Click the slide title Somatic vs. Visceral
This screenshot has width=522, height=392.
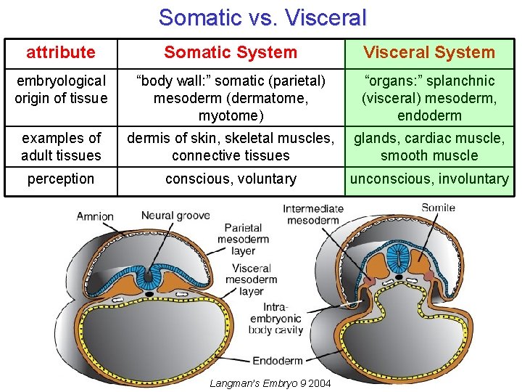pos(262,17)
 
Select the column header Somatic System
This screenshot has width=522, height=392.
pos(231,52)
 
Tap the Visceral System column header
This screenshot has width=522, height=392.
pos(429,52)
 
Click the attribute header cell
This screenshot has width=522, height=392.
pos(61,52)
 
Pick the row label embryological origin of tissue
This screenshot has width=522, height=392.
pos(61,89)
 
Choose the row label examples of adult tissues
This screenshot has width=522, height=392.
pos(61,147)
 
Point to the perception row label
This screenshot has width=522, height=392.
pos(61,179)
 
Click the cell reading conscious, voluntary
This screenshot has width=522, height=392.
pos(231,179)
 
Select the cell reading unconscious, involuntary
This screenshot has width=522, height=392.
pos(430,179)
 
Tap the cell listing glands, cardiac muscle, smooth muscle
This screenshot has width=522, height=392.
pos(430,147)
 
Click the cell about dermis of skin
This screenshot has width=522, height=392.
pos(231,147)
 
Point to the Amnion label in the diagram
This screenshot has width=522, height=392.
pos(96,216)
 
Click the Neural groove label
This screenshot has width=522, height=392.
pos(175,216)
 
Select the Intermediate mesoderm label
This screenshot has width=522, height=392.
pos(312,215)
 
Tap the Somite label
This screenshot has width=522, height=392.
pos(438,208)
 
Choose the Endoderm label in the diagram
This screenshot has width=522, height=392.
pos(278,361)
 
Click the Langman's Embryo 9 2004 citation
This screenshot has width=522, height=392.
pos(270,383)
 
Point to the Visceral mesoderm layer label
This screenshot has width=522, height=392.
pos(252,279)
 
